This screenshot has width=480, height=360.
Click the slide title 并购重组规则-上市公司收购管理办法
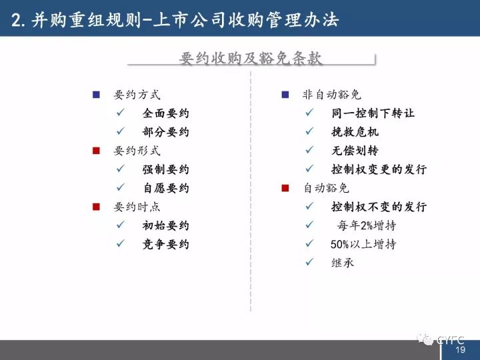point(175,20)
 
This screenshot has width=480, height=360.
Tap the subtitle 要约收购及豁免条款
point(251,58)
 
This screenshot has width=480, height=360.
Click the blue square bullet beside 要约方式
point(96,95)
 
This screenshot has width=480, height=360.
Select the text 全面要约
point(165,113)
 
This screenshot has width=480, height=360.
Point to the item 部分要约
point(165,132)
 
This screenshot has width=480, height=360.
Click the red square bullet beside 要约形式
point(96,151)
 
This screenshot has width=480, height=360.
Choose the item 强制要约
point(165,169)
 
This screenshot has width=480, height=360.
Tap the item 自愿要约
point(166,188)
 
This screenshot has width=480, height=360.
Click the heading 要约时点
point(137,207)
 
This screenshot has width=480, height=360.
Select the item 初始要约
point(165,225)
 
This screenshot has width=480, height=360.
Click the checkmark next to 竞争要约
point(121,243)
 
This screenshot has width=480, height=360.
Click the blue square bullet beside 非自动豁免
point(285,95)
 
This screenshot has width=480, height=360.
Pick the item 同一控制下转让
point(373,113)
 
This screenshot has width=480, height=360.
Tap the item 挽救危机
point(355,132)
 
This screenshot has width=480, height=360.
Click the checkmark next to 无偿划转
point(309,150)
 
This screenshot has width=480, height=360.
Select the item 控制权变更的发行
point(379,169)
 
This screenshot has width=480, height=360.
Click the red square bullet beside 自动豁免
point(285,188)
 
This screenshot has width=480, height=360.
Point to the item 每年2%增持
point(367,225)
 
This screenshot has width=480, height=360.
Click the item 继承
point(343,263)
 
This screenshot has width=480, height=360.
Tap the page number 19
point(460,349)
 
